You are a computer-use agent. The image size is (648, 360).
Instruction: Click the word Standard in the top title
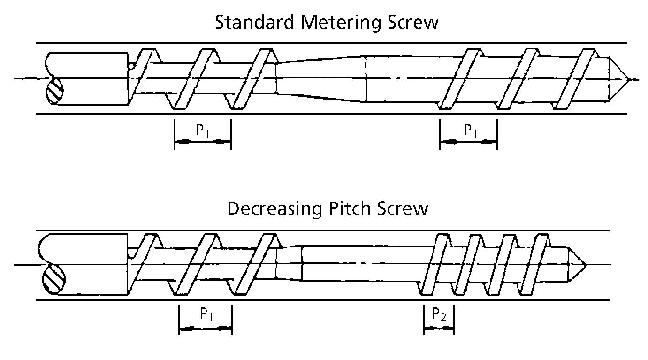[255, 22]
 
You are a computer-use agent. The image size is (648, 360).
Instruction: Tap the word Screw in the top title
[413, 23]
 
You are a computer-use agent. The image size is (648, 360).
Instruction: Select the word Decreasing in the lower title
[274, 209]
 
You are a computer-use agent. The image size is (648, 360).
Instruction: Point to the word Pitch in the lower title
[350, 208]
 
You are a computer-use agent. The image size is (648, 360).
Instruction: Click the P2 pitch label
[439, 314]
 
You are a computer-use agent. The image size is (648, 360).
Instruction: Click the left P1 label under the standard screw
[202, 130]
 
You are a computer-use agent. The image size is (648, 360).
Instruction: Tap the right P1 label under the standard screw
[470, 130]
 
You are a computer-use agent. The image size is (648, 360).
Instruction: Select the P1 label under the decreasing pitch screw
[206, 314]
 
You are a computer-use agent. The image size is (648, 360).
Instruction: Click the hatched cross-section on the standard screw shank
[55, 91]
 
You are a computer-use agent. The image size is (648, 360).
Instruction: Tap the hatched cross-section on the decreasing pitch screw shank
[54, 278]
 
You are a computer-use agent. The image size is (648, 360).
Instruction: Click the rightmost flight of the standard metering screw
[576, 79]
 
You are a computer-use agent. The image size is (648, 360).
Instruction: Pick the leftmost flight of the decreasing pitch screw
[143, 260]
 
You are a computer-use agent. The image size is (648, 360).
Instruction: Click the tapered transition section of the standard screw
[321, 79]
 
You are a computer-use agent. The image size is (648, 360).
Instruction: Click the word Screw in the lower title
[403, 209]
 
